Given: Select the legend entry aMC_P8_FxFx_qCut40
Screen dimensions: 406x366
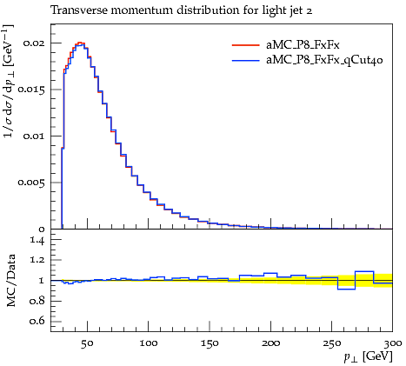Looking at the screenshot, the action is (x=324, y=60).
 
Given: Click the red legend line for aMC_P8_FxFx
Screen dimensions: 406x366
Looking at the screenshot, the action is (x=245, y=45).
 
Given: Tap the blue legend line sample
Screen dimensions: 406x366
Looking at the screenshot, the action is (x=245, y=61).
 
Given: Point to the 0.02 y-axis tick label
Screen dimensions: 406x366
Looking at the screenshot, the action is (x=34, y=43).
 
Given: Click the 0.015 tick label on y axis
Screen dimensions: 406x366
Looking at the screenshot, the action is (x=31, y=90).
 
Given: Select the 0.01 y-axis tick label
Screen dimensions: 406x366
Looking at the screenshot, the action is (x=34, y=136).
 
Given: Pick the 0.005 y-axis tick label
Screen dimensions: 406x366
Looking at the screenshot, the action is (x=31, y=183).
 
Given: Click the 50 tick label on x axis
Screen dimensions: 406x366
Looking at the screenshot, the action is (x=87, y=343).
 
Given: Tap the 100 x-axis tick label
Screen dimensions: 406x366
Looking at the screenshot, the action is (x=149, y=343).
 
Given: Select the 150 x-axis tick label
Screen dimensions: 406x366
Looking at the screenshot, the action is (x=210, y=343).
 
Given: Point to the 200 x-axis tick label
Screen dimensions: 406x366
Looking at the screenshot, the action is (x=270, y=343).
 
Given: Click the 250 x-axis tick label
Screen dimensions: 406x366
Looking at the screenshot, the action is (x=332, y=343).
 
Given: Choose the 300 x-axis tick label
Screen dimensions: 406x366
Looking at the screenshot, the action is (x=393, y=343).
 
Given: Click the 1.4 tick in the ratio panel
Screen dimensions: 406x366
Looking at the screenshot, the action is (x=37, y=240).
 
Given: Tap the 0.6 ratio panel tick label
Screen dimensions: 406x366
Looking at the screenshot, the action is (x=37, y=322).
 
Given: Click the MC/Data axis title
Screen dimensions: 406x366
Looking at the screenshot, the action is (x=10, y=281).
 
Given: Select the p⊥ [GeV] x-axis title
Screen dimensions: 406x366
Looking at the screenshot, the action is (x=368, y=356).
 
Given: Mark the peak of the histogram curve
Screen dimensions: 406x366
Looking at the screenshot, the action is (x=81, y=43).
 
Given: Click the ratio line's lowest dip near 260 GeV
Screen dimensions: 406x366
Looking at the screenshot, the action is (x=347, y=289).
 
